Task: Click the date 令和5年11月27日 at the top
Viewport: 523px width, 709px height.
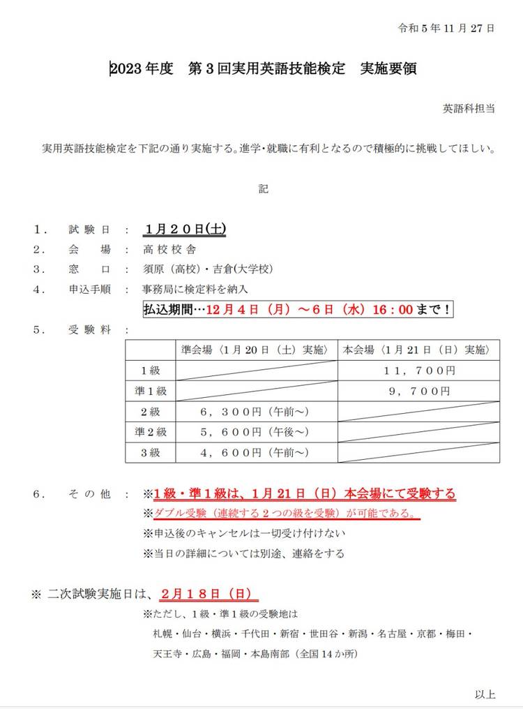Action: pyautogui.click(x=446, y=29)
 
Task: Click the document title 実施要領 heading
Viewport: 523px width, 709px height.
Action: pyautogui.click(x=264, y=69)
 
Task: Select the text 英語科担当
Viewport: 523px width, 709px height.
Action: pyautogui.click(x=469, y=109)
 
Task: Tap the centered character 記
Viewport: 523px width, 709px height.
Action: pyautogui.click(x=263, y=188)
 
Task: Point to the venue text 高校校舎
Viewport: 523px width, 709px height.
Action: pyautogui.click(x=169, y=249)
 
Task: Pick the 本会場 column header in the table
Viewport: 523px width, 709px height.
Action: pyautogui.click(x=418, y=350)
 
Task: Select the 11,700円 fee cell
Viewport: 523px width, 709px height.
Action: pyautogui.click(x=419, y=370)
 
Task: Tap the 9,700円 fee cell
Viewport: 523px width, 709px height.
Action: pyautogui.click(x=419, y=391)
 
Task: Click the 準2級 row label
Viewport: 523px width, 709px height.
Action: pyautogui.click(x=150, y=432)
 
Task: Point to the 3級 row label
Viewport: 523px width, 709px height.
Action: pyautogui.click(x=150, y=452)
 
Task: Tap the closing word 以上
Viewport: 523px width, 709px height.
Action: pyautogui.click(x=485, y=694)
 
